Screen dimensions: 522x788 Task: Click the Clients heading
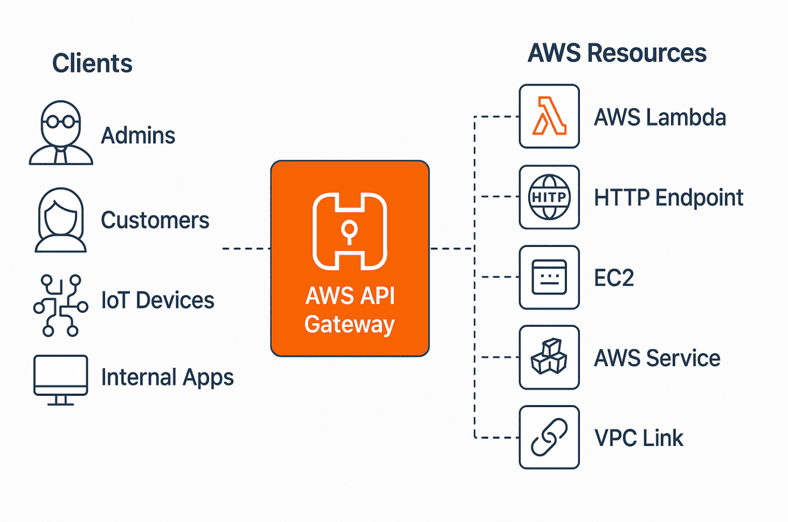pyautogui.click(x=92, y=64)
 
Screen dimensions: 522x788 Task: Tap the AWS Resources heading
pyautogui.click(x=617, y=53)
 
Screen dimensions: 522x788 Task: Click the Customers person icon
pyautogui.click(x=61, y=220)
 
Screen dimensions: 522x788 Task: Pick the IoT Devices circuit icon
pyautogui.click(x=60, y=305)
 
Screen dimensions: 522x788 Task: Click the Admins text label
pyautogui.click(x=138, y=136)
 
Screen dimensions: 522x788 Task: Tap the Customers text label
pyautogui.click(x=155, y=221)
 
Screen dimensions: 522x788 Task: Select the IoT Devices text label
pyautogui.click(x=157, y=300)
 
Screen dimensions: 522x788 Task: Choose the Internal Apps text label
pyautogui.click(x=167, y=377)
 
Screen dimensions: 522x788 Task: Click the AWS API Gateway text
pyautogui.click(x=350, y=310)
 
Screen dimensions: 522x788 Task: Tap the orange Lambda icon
pyautogui.click(x=549, y=116)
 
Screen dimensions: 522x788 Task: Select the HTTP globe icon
pyautogui.click(x=549, y=197)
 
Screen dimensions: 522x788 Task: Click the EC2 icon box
pyautogui.click(x=549, y=277)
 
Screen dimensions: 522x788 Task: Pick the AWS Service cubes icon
pyautogui.click(x=549, y=357)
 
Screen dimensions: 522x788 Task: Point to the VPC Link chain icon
pyautogui.click(x=549, y=437)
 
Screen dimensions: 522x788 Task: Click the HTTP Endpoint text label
pyautogui.click(x=668, y=198)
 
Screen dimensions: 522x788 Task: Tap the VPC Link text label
pyautogui.click(x=639, y=438)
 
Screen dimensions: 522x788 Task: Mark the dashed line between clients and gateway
pyautogui.click(x=246, y=249)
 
